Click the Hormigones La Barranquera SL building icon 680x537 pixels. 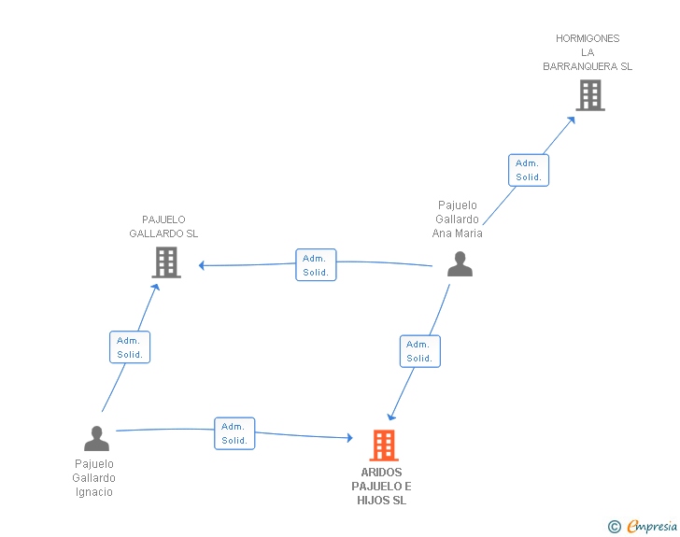pos(589,95)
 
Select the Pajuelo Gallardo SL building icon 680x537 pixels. pos(166,262)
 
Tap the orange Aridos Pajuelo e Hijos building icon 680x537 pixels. pos(384,445)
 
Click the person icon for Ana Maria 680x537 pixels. pos(460,264)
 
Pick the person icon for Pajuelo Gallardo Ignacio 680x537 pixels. pos(96,438)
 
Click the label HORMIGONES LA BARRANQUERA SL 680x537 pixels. pos(588,52)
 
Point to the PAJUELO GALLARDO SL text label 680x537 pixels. pos(163,227)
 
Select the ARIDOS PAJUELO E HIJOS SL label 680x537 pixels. pos(381,487)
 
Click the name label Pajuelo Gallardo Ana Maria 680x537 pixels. pos(458,219)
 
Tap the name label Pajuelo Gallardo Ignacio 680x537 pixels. pos(93,477)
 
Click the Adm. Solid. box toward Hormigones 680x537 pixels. pos(529,170)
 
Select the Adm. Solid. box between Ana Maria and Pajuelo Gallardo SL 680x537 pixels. pos(316,265)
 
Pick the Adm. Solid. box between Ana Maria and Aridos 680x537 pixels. pos(419,351)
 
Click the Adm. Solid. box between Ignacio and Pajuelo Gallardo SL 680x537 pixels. pos(130,347)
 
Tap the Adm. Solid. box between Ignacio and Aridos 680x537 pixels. pos(234,433)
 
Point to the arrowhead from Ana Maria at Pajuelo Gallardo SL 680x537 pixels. pos(202,265)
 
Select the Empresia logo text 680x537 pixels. pos(652,527)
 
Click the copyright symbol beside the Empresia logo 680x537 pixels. pos(615,528)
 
